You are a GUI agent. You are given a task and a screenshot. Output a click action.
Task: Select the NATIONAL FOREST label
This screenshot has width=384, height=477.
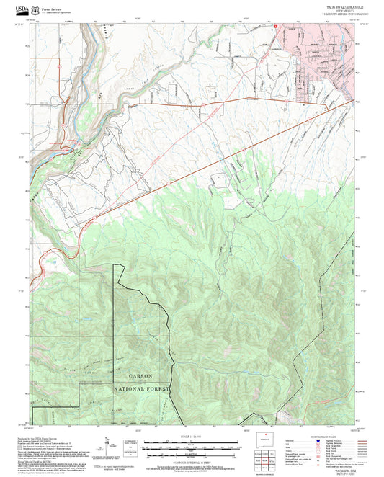coord(141,388)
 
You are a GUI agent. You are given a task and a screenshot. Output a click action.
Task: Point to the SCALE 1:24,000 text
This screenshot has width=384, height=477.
coord(189,437)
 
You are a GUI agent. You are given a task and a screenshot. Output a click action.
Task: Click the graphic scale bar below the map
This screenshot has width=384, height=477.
coord(189,447)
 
